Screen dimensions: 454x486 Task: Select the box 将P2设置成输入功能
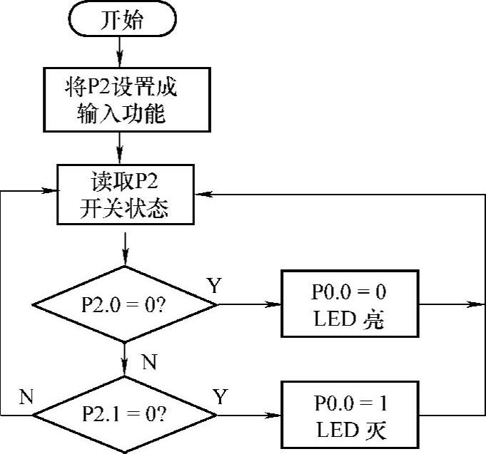pyautogui.click(x=121, y=99)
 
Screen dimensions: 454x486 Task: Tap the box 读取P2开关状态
pyautogui.click(x=125, y=193)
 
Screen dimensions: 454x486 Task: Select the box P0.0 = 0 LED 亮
pyautogui.click(x=349, y=305)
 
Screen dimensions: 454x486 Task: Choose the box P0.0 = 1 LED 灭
pyautogui.click(x=349, y=416)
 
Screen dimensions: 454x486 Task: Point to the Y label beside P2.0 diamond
pyautogui.click(x=213, y=286)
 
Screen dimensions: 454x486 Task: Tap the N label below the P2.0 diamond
pyautogui.click(x=148, y=362)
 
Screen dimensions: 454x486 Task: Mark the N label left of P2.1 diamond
pyautogui.click(x=26, y=397)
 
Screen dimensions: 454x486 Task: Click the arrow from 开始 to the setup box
pyautogui.click(x=121, y=50)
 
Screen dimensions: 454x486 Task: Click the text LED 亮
pyautogui.click(x=349, y=319)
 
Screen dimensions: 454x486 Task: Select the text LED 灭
pyautogui.click(x=349, y=430)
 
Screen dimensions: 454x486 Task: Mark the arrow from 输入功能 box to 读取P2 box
pyautogui.click(x=121, y=148)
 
